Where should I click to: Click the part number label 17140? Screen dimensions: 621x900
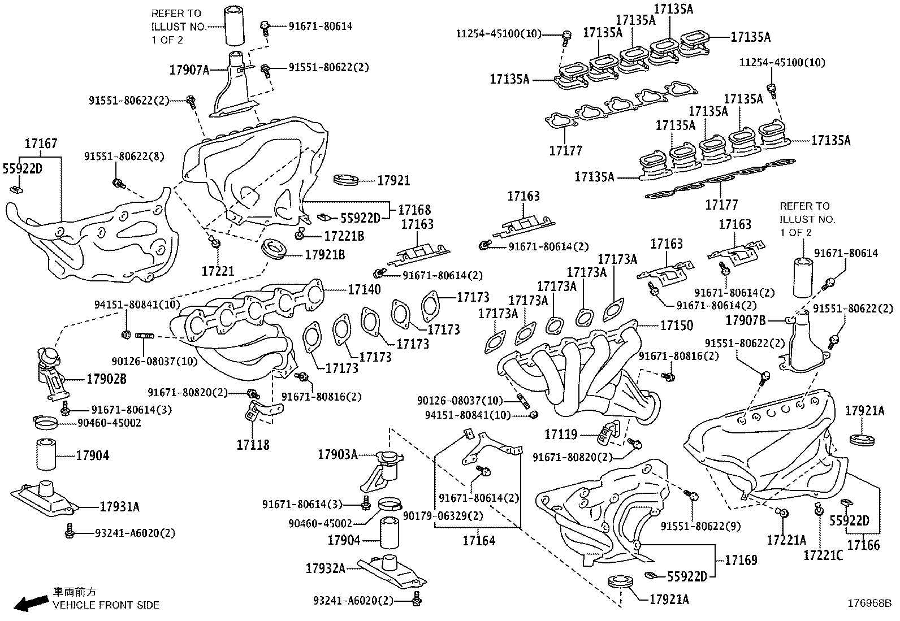point(364,290)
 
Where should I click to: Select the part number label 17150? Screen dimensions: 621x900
point(677,325)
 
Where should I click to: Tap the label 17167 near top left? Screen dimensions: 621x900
point(41,145)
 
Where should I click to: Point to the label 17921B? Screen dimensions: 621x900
point(324,255)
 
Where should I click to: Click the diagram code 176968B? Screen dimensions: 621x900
point(868,603)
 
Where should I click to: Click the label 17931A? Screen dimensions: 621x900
point(119,507)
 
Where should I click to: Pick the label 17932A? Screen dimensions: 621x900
point(325,568)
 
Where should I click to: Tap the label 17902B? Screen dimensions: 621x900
point(106,379)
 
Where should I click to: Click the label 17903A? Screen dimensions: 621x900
point(337,454)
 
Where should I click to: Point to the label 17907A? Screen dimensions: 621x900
point(189,70)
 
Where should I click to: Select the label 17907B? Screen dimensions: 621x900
point(746,321)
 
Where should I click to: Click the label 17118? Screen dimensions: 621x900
point(253,445)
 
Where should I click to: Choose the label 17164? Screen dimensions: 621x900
point(479,541)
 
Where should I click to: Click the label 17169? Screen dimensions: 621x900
point(741,561)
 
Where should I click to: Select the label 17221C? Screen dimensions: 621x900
point(823,555)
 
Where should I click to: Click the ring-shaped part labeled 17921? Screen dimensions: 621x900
point(346,180)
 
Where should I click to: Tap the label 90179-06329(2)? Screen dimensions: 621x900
point(443,516)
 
